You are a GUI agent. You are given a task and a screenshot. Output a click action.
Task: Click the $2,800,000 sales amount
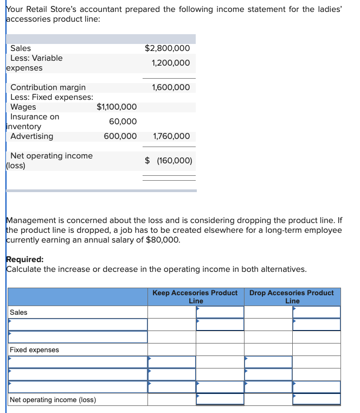click(x=167, y=48)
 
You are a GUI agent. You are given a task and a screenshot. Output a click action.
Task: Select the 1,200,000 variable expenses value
click(x=171, y=63)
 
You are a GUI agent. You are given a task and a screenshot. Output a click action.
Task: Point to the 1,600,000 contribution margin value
click(x=171, y=87)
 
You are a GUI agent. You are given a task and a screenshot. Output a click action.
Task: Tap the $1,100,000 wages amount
click(x=117, y=107)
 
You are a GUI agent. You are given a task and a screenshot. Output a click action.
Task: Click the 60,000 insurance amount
click(x=123, y=122)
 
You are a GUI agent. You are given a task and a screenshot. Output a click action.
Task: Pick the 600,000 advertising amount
click(x=120, y=136)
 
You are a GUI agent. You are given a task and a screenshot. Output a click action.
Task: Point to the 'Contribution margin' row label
click(x=48, y=87)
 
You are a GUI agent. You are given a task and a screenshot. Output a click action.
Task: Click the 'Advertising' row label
click(x=32, y=136)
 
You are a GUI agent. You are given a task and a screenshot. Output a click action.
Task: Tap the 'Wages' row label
click(x=23, y=107)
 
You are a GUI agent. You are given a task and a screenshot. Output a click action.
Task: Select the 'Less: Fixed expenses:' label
click(x=52, y=97)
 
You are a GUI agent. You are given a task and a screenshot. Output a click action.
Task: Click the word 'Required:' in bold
click(x=24, y=259)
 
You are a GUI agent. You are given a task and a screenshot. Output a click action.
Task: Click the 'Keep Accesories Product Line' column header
click(x=195, y=296)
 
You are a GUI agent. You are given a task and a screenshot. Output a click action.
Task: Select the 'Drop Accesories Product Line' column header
click(x=292, y=296)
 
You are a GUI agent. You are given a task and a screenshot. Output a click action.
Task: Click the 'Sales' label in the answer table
click(x=18, y=313)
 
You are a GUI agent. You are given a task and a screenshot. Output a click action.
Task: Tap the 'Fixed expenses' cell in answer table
click(x=34, y=350)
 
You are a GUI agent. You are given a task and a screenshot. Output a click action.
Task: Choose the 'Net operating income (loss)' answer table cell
click(x=53, y=400)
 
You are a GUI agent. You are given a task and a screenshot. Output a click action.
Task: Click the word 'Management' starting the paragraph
click(x=30, y=221)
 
